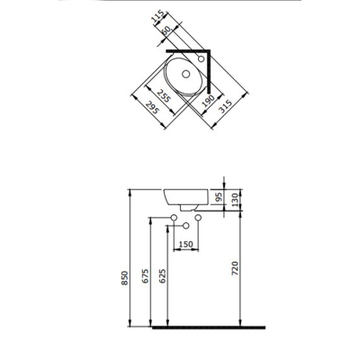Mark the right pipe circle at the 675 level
[197, 219]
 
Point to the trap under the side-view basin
[185, 211]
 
